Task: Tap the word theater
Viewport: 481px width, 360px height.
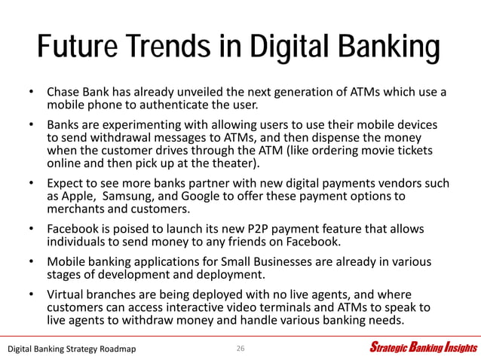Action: pos(235,163)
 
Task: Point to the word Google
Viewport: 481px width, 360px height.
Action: pos(199,197)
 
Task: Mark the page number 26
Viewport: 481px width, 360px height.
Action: pos(240,348)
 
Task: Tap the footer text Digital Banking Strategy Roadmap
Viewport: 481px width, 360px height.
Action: pos(72,348)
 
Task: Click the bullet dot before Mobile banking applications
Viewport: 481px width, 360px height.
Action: pos(32,261)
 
